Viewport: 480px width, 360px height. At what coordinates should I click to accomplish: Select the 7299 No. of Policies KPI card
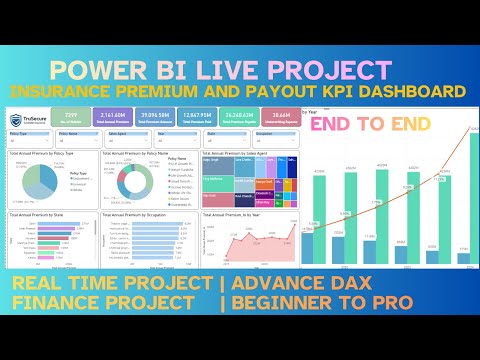(x=74, y=116)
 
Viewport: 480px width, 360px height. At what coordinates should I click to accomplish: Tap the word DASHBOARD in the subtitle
(x=406, y=93)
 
